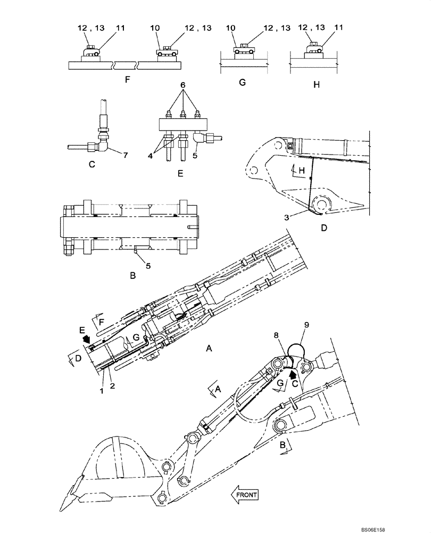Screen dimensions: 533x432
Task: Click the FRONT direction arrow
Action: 244,495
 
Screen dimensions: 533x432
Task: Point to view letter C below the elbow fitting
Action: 93,165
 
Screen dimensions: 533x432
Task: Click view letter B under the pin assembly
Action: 133,276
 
